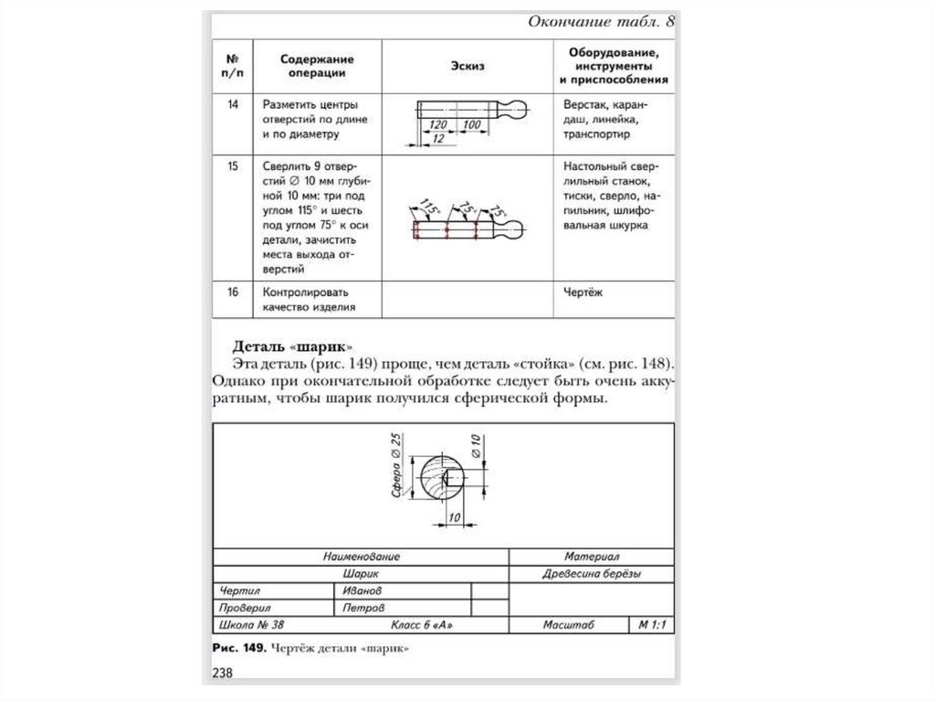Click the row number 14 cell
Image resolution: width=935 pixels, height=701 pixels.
tap(233, 104)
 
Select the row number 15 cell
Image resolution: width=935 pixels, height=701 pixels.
tap(233, 167)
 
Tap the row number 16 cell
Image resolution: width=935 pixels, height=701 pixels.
tap(233, 292)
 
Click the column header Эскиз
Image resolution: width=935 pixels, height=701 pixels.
tap(467, 65)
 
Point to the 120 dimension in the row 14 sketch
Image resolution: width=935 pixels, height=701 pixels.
tap(437, 123)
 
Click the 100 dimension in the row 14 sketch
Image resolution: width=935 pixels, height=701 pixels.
tap(471, 123)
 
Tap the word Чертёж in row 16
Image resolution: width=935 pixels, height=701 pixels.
tap(583, 292)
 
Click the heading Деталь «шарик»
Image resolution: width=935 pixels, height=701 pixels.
tap(278, 346)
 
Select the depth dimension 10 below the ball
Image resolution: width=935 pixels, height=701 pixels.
tap(453, 517)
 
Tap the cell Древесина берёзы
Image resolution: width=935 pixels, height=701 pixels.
tap(592, 574)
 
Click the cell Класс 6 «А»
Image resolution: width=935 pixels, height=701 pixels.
tap(422, 625)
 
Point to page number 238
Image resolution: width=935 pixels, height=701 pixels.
tap(224, 674)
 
